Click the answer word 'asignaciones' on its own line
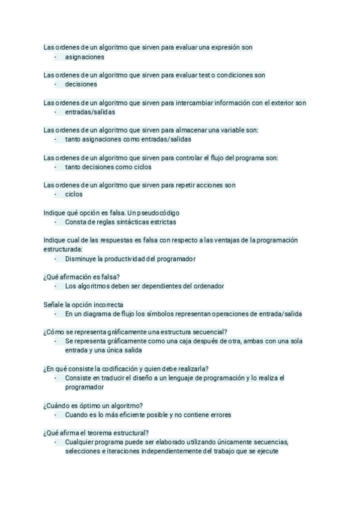pyautogui.click(x=85, y=57)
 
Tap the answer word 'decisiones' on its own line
pyautogui.click(x=81, y=85)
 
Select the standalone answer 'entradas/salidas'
pyautogui.click(x=90, y=112)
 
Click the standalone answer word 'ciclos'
pyautogui.click(x=74, y=194)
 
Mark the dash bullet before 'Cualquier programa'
pyautogui.click(x=56, y=442)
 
